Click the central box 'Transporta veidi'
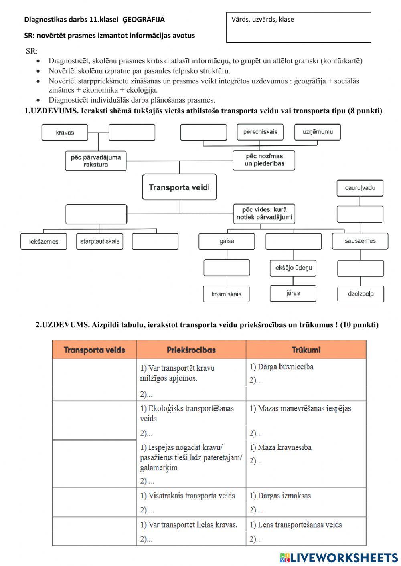pyautogui.click(x=179, y=187)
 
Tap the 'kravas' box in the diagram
pyautogui.click(x=65, y=133)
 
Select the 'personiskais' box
pyautogui.click(x=260, y=132)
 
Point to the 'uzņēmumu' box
pyautogui.click(x=318, y=132)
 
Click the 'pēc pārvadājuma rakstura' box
pyautogui.click(x=96, y=161)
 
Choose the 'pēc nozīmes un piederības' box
pyautogui.click(x=264, y=160)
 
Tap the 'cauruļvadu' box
pyautogui.click(x=360, y=188)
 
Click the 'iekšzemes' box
pyautogui.click(x=44, y=242)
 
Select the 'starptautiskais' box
pyautogui.click(x=99, y=242)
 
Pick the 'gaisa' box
pyautogui.click(x=227, y=241)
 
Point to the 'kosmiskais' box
pyautogui.click(x=226, y=294)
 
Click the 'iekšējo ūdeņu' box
pyautogui.click(x=293, y=268)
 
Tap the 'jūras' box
pyautogui.click(x=293, y=293)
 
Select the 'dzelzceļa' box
pyautogui.click(x=360, y=294)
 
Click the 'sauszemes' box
pyautogui.click(x=360, y=241)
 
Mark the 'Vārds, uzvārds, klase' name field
pyautogui.click(x=299, y=28)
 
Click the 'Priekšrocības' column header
pyautogui.click(x=191, y=350)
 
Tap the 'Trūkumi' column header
pyautogui.click(x=306, y=350)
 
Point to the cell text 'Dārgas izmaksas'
pyautogui.click(x=280, y=496)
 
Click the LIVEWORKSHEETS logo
pyautogui.click(x=339, y=558)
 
